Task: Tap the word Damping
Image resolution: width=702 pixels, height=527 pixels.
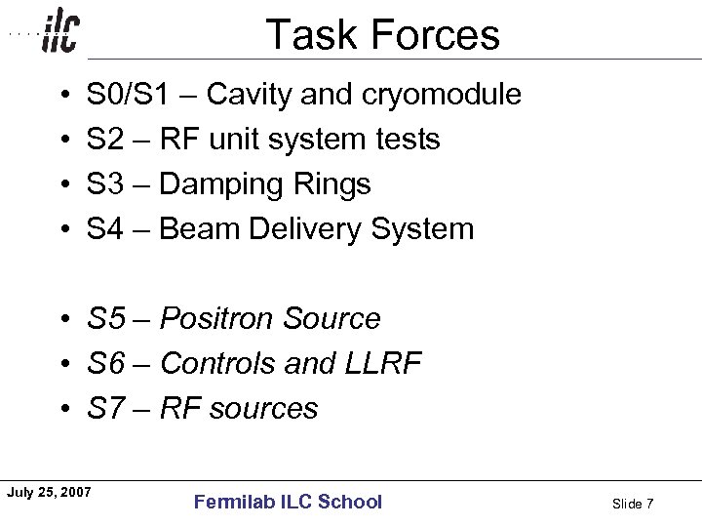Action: coord(220,184)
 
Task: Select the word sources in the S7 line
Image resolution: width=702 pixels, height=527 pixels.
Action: coord(264,408)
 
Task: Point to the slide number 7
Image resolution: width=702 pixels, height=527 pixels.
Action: coord(649,504)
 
